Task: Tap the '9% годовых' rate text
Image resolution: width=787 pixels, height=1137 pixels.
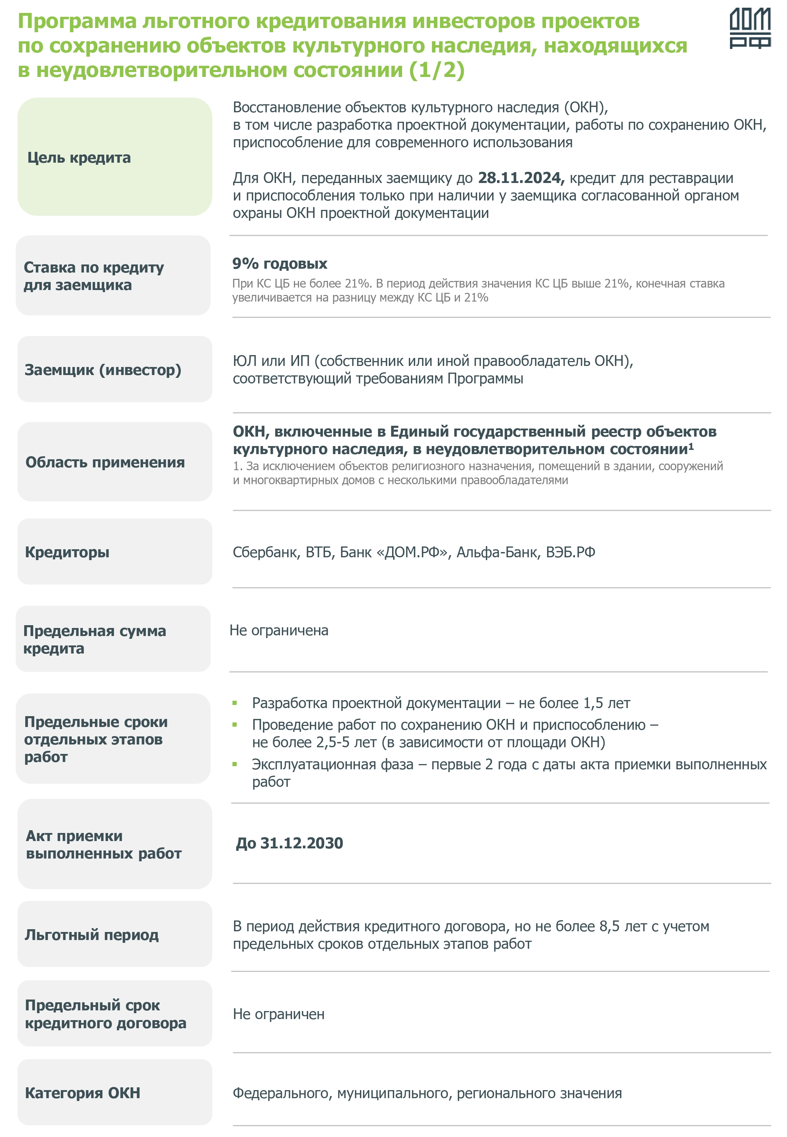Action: point(279,264)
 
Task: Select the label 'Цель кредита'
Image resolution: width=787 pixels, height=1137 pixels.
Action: point(79,158)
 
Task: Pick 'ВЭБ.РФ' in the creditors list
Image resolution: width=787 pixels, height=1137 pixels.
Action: point(570,552)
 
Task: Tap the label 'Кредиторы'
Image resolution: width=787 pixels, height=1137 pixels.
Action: point(67,552)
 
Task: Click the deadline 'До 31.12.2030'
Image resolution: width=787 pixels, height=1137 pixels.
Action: point(290,843)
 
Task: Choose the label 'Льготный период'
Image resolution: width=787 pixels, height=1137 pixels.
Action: point(92,934)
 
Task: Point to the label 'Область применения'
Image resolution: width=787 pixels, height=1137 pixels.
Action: point(105,462)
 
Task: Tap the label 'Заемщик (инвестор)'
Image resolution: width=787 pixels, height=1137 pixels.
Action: point(102,370)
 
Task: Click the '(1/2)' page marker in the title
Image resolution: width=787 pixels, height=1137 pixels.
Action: point(437,70)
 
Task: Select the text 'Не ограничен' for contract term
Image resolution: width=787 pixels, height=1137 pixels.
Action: point(279,1014)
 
